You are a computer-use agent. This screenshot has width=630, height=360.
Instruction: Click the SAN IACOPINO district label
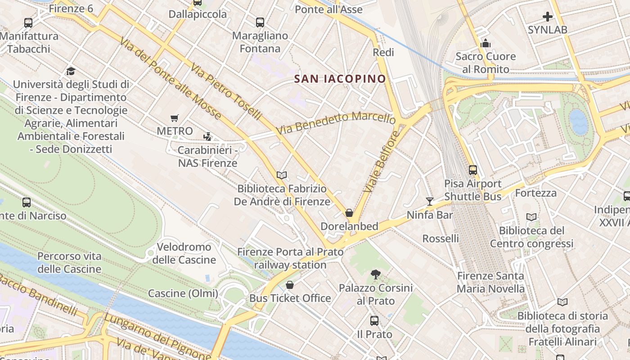pyautogui.click(x=340, y=79)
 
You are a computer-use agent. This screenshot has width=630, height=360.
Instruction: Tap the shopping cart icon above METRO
pyautogui.click(x=175, y=118)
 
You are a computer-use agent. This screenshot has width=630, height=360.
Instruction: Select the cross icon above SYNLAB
pyautogui.click(x=547, y=17)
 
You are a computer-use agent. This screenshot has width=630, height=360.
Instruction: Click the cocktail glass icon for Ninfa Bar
pyautogui.click(x=429, y=202)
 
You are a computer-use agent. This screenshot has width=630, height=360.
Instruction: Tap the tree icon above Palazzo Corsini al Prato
pyautogui.click(x=375, y=274)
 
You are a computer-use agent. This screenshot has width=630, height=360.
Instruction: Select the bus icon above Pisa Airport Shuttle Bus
pyautogui.click(x=472, y=170)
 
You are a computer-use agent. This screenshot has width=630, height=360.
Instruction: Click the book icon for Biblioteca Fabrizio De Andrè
pyautogui.click(x=282, y=175)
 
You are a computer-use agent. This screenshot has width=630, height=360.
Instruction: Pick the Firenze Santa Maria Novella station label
pyautogui.click(x=490, y=282)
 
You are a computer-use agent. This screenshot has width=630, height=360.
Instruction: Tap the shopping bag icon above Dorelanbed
pyautogui.click(x=349, y=213)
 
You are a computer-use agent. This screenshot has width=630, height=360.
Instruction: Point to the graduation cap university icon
pyautogui.click(x=71, y=71)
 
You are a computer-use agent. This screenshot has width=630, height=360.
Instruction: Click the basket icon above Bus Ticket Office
pyautogui.click(x=290, y=285)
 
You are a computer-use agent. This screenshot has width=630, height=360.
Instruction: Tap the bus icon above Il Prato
pyautogui.click(x=374, y=321)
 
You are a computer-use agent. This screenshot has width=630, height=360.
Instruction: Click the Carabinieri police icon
pyautogui.click(x=207, y=136)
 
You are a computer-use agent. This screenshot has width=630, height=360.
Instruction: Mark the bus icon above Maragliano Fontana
pyautogui.click(x=260, y=22)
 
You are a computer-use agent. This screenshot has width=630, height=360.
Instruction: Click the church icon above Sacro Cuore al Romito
pyautogui.click(x=485, y=43)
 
